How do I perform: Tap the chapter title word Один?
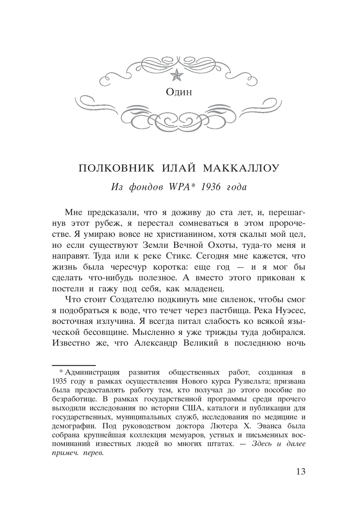[x=179, y=92]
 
